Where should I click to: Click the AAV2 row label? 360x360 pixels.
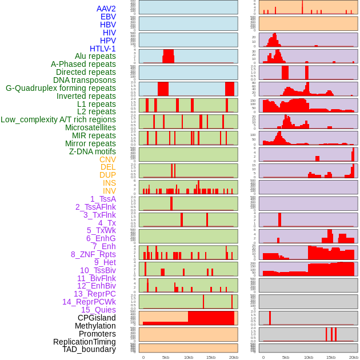(106, 9)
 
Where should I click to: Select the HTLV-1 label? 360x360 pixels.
(102, 49)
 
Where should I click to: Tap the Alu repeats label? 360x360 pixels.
(95, 56)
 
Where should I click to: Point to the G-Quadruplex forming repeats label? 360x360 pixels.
(61, 88)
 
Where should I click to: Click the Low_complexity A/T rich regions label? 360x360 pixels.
(58, 119)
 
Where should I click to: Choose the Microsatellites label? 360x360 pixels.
(90, 127)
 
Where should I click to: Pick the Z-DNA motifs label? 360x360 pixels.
(92, 151)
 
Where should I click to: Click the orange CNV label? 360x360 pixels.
(107, 159)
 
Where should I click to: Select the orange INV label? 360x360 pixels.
(109, 191)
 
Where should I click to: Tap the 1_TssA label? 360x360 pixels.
(103, 199)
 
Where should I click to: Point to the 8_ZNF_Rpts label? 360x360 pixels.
(93, 254)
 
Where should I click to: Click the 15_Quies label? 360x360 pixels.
(98, 310)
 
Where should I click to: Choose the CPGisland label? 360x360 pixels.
(97, 318)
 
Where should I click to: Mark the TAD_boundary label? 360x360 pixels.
(89, 349)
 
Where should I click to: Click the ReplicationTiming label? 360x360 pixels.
(84, 342)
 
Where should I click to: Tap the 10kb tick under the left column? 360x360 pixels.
(188, 357)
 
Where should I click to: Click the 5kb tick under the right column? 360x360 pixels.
(286, 357)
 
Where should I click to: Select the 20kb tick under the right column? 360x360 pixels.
(354, 357)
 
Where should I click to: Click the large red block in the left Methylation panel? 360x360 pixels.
(211, 318)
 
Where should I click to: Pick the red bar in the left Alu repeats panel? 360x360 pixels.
(168, 57)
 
